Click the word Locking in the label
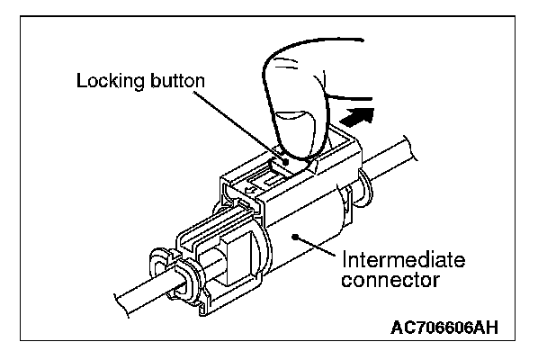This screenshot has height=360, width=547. (107, 81)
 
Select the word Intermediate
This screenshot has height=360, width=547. (402, 261)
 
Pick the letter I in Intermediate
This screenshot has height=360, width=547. (343, 261)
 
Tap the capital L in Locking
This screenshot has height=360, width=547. (80, 81)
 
